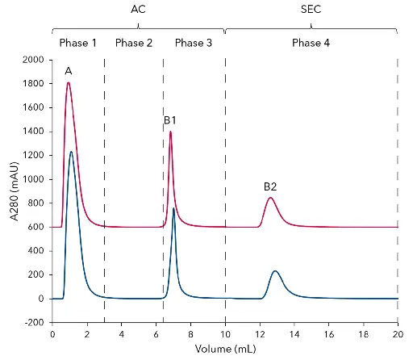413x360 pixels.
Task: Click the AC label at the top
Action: [x=138, y=10]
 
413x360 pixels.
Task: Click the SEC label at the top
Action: [x=311, y=10]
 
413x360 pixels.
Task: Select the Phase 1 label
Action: [x=77, y=42]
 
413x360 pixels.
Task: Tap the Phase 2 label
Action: [x=134, y=42]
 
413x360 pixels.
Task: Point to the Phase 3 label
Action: [x=194, y=42]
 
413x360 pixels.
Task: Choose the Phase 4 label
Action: [x=311, y=42]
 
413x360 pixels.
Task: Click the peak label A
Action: [x=69, y=72]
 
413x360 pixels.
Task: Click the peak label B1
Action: [x=170, y=120]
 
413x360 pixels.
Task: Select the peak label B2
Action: [x=270, y=186]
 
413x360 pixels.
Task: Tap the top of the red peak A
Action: [x=69, y=82]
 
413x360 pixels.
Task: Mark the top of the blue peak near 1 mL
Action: [x=71, y=152]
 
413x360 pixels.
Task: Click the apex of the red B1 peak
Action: [x=170, y=131]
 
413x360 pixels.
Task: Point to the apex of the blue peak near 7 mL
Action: [x=173, y=208]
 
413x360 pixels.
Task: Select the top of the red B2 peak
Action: [x=270, y=198]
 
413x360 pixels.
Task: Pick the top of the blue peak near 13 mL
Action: [x=275, y=271]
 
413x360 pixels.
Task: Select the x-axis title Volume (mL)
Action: [x=224, y=350]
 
